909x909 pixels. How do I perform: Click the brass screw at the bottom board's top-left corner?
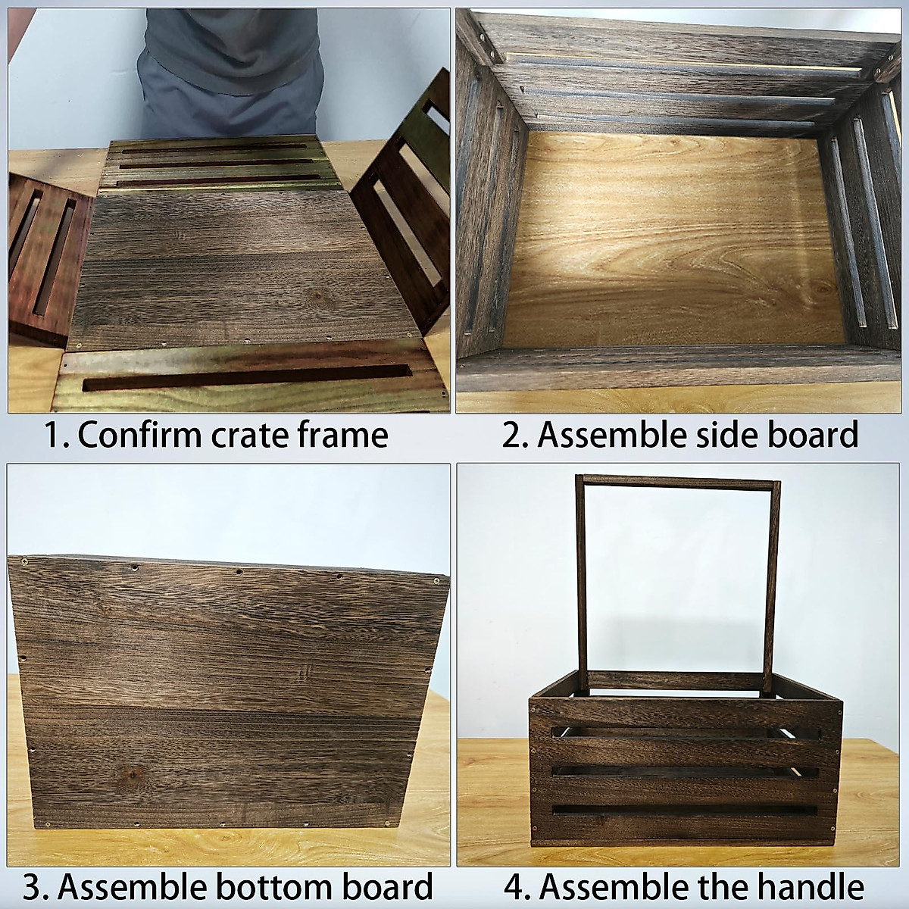pyautogui.click(x=27, y=561)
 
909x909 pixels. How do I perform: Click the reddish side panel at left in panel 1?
pyautogui.click(x=45, y=258)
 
